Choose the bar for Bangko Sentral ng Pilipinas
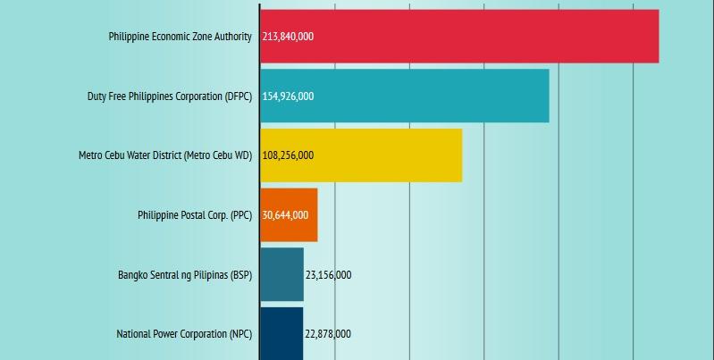pyautogui.click(x=282, y=274)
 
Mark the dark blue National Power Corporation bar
pyautogui.click(x=282, y=334)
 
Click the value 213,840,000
pyautogui.click(x=288, y=37)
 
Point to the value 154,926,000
pyautogui.click(x=288, y=96)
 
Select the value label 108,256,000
pyautogui.click(x=288, y=155)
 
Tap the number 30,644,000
pyautogui.click(x=285, y=215)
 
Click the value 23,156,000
pyautogui.click(x=328, y=275)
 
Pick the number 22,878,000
pyautogui.click(x=328, y=334)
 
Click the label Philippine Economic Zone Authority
pyautogui.click(x=180, y=37)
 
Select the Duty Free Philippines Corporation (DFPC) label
pyautogui.click(x=169, y=96)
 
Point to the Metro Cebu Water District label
pyautogui.click(x=165, y=155)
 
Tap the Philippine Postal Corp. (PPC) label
pyautogui.click(x=195, y=215)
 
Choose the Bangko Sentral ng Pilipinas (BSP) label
pyautogui.click(x=185, y=275)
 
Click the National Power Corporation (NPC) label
pyautogui.click(x=184, y=334)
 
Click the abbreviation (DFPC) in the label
pyautogui.click(x=239, y=96)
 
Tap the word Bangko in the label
pyautogui.click(x=133, y=275)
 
